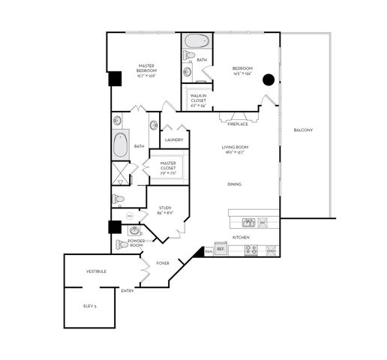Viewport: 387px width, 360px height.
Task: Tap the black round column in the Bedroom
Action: (x=268, y=78)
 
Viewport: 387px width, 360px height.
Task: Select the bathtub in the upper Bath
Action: (x=196, y=40)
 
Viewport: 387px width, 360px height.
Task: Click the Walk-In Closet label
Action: (x=198, y=99)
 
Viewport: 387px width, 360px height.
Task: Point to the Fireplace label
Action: (x=237, y=124)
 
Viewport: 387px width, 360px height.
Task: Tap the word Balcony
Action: (x=303, y=130)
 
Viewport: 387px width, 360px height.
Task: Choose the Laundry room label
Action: (x=174, y=140)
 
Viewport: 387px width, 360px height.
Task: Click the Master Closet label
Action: (x=168, y=165)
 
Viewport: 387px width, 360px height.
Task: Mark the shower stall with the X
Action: (x=120, y=175)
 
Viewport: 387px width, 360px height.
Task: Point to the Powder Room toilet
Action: (x=122, y=244)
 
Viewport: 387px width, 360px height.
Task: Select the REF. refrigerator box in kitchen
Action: (x=220, y=248)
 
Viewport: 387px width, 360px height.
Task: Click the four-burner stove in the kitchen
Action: (x=251, y=250)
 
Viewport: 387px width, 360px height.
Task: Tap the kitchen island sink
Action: (x=248, y=222)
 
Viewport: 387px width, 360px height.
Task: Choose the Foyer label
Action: (x=163, y=263)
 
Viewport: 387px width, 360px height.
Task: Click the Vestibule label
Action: (x=96, y=271)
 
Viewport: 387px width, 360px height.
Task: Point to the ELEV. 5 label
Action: (x=90, y=306)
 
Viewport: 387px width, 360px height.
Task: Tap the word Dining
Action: (x=234, y=184)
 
